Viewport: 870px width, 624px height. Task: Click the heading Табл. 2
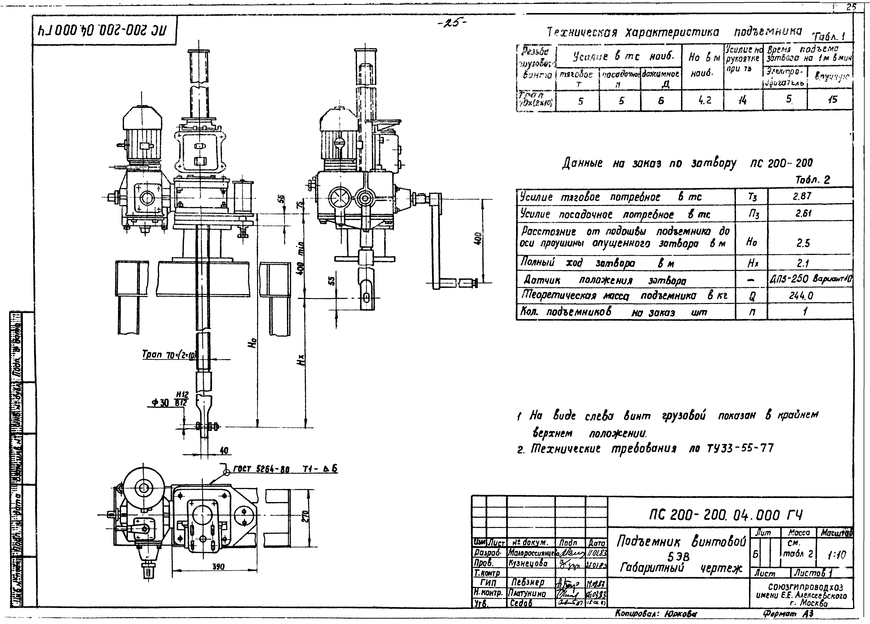tap(812, 180)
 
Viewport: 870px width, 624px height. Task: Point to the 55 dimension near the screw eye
tap(332, 281)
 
